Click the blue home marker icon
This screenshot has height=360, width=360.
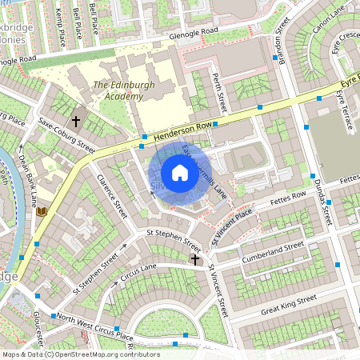coord(180,172)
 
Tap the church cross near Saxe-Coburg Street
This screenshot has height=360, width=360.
coord(76,122)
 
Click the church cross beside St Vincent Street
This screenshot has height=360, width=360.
coord(194,259)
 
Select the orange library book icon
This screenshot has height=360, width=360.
coord(42,212)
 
